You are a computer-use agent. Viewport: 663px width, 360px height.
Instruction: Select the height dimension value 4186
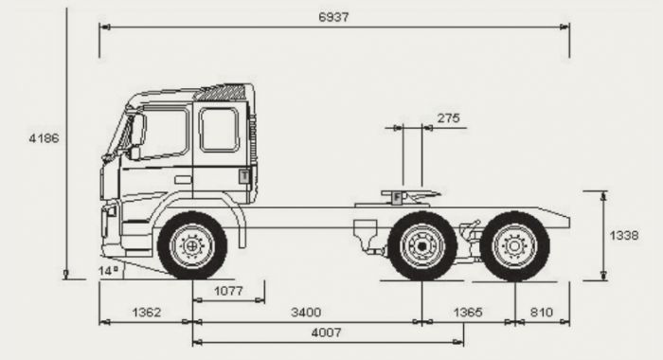click(x=44, y=137)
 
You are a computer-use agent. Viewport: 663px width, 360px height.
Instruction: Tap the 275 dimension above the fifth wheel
click(x=448, y=117)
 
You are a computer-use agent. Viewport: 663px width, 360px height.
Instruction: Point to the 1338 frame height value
click(x=622, y=235)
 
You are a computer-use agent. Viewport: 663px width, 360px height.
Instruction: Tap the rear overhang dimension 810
click(x=543, y=312)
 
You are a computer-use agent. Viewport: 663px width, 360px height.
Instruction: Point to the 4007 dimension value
click(x=327, y=333)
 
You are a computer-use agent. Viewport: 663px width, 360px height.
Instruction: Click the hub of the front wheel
click(x=192, y=246)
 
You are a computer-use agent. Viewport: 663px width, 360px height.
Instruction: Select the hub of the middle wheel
click(x=422, y=246)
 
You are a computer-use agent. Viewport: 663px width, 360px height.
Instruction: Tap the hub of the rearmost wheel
click(x=514, y=246)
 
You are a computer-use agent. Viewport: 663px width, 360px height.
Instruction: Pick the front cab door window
click(x=164, y=132)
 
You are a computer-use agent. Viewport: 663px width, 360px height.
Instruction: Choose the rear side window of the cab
click(x=219, y=129)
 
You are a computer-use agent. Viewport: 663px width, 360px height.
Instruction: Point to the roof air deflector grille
click(x=223, y=93)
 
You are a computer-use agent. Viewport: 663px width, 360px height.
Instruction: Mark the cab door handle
click(x=183, y=179)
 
